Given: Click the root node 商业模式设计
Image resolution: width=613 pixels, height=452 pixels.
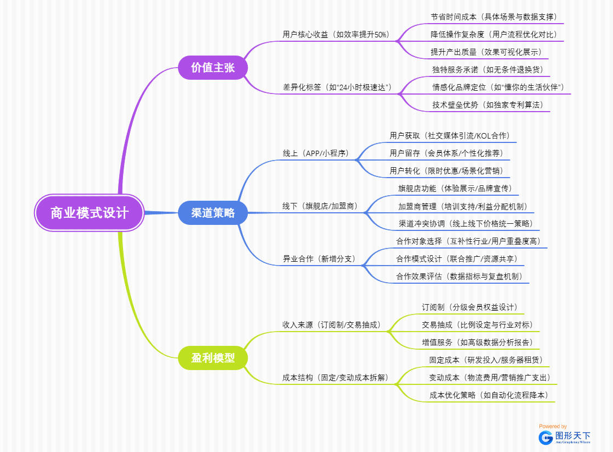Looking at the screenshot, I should (x=89, y=213).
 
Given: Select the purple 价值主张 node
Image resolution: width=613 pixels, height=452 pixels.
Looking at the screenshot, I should (x=213, y=68).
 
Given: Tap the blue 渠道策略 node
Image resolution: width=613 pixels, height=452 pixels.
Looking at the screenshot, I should (x=213, y=213).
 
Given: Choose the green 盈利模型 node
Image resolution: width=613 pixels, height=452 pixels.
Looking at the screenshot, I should (x=213, y=358).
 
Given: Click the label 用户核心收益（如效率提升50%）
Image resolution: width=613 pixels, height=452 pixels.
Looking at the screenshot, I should (x=336, y=35).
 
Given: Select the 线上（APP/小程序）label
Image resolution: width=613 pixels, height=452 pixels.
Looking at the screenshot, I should (x=316, y=153).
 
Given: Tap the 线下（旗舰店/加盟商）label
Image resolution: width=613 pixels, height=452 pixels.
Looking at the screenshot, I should (x=320, y=206).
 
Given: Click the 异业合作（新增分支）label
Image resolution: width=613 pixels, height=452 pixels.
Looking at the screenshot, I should (x=319, y=258).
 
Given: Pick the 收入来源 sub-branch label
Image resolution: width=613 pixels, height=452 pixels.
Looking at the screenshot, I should (x=331, y=325).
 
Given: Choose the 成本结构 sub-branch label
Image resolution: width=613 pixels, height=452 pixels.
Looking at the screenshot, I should (x=335, y=378).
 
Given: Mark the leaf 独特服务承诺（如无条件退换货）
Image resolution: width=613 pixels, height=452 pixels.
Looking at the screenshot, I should (x=491, y=70).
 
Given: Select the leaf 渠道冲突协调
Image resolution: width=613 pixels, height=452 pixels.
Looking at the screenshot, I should (x=465, y=224).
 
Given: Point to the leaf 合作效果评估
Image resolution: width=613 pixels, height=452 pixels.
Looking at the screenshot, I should (x=459, y=277).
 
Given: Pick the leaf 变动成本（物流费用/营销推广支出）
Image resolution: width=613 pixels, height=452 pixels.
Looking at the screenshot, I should (x=489, y=378).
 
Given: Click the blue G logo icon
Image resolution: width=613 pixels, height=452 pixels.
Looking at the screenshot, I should (x=545, y=437).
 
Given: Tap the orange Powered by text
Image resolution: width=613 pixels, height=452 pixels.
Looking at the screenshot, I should (x=553, y=426).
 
